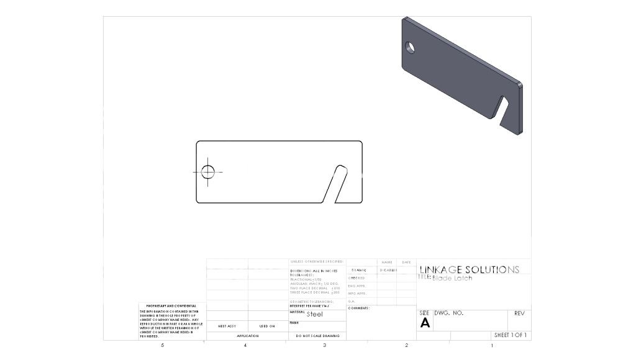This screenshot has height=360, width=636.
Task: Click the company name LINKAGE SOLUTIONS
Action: point(469,270)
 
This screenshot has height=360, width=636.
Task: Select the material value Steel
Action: point(315,314)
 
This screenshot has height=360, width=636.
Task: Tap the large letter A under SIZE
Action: point(425,323)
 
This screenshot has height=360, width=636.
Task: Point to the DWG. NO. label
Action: point(449,313)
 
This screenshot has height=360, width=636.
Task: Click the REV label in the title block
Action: point(520,313)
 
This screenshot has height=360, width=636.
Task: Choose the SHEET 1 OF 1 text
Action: point(510,335)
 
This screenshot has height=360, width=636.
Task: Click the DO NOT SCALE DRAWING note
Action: point(317,336)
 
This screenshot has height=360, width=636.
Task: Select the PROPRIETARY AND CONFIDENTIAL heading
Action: point(171,306)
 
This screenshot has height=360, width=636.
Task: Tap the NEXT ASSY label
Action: point(227,326)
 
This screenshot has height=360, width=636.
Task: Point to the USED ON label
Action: point(267,326)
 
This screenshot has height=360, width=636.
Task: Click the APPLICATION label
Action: point(247,336)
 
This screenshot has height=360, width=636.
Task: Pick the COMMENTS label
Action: point(359,308)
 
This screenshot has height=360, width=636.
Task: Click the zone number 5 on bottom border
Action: point(163,345)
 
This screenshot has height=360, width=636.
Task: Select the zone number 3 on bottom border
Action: point(324,345)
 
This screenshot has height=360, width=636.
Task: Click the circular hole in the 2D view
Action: point(207,171)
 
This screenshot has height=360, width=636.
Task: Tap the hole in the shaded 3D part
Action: point(411,47)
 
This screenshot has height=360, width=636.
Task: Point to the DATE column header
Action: point(406,263)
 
